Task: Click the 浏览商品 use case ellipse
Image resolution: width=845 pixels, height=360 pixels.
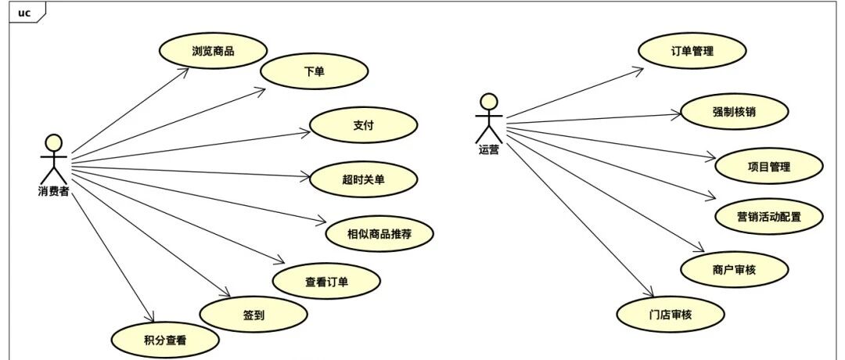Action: (x=213, y=51)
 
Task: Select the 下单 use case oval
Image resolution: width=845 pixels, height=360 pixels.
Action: (x=315, y=70)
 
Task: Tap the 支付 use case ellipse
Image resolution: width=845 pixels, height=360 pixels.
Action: (x=363, y=125)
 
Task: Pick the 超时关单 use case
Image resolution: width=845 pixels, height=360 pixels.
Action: (x=363, y=179)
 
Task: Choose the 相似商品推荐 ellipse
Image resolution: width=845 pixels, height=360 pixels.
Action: (x=379, y=234)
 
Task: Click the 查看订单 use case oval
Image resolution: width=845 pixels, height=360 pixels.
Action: (x=326, y=281)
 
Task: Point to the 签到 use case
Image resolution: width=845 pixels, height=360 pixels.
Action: (x=253, y=315)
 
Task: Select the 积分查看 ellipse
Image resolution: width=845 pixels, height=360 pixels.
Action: (x=165, y=340)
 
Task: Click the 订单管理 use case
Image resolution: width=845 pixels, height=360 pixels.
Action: (x=692, y=51)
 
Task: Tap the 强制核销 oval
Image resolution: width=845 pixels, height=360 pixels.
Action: (x=735, y=112)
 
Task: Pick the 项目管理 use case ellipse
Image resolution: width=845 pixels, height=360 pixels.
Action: (x=768, y=167)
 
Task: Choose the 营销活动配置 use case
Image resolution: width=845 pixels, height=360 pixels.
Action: (x=768, y=217)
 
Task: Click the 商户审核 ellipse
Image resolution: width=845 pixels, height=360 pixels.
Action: (x=735, y=269)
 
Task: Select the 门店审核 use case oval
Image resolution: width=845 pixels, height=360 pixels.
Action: (x=671, y=314)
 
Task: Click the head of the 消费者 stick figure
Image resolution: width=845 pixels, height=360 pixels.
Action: (x=53, y=142)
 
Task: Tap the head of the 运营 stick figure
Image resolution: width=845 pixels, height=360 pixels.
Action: (x=489, y=103)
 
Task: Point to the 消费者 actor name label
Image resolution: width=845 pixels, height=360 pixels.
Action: (x=53, y=191)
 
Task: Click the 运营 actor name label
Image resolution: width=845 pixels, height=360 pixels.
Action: (x=489, y=150)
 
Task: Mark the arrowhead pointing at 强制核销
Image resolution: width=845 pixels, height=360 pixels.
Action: (x=677, y=114)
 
